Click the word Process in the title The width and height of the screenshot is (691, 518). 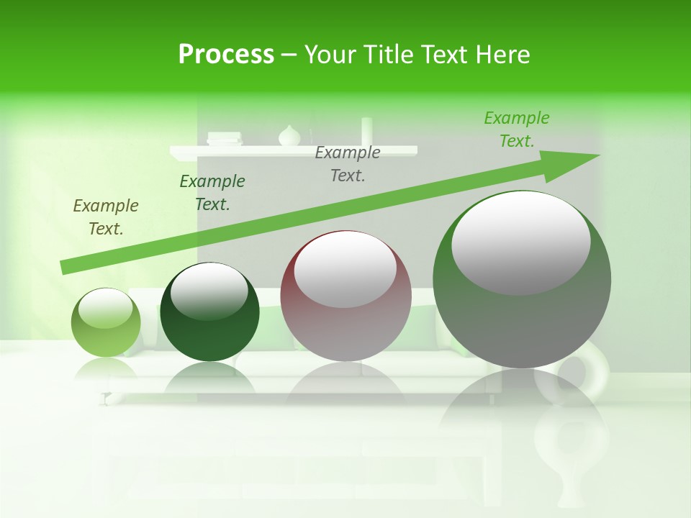[226, 54]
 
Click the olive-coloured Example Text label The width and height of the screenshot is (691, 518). [106, 217]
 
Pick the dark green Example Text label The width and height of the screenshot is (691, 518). [212, 193]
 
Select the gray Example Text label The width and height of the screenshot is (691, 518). [348, 163]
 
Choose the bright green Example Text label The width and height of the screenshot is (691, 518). [517, 129]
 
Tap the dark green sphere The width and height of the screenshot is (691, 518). [209, 317]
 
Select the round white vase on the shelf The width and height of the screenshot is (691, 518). [289, 136]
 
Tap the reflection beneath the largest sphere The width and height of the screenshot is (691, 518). [522, 417]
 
